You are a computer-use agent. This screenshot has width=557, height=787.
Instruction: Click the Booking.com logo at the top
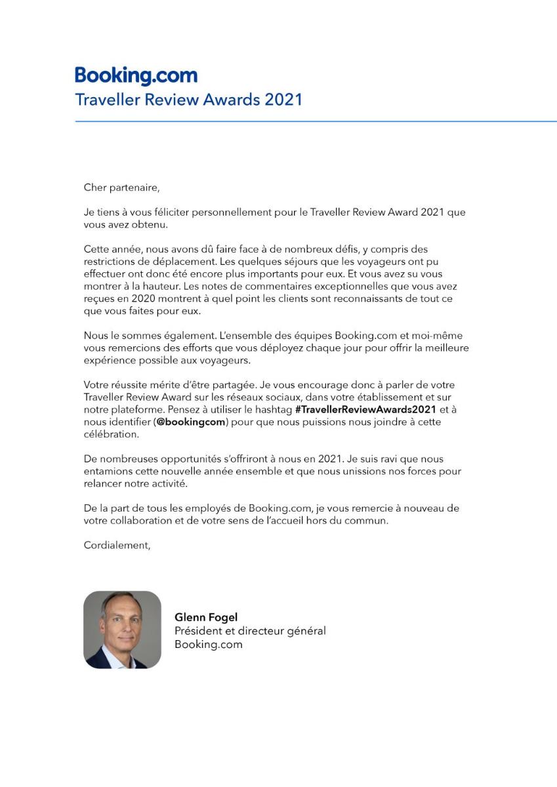tap(136, 76)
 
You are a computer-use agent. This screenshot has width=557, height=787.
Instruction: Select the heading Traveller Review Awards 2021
tap(188, 100)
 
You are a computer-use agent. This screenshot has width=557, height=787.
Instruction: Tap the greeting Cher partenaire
tap(121, 188)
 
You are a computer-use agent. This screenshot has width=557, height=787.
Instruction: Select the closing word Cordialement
tap(117, 545)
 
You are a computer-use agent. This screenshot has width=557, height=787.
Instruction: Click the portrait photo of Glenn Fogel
tap(122, 630)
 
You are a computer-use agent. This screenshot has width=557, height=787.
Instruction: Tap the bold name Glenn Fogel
tap(206, 617)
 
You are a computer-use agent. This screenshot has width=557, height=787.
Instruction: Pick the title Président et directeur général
tap(250, 631)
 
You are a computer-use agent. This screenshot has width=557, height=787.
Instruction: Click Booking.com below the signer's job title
tap(208, 644)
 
